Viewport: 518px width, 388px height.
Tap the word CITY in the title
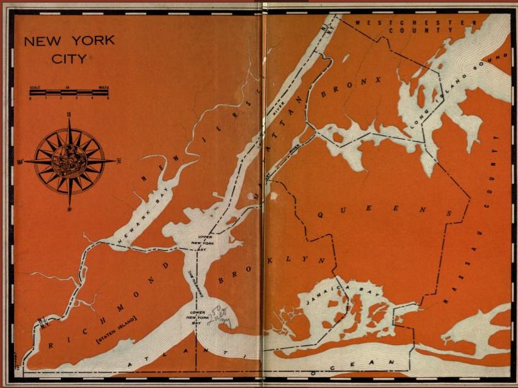(70, 58)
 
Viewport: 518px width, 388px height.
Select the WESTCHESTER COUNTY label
(416, 26)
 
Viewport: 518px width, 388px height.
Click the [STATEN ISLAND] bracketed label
(117, 326)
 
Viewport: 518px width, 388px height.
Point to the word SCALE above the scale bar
(36, 86)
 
